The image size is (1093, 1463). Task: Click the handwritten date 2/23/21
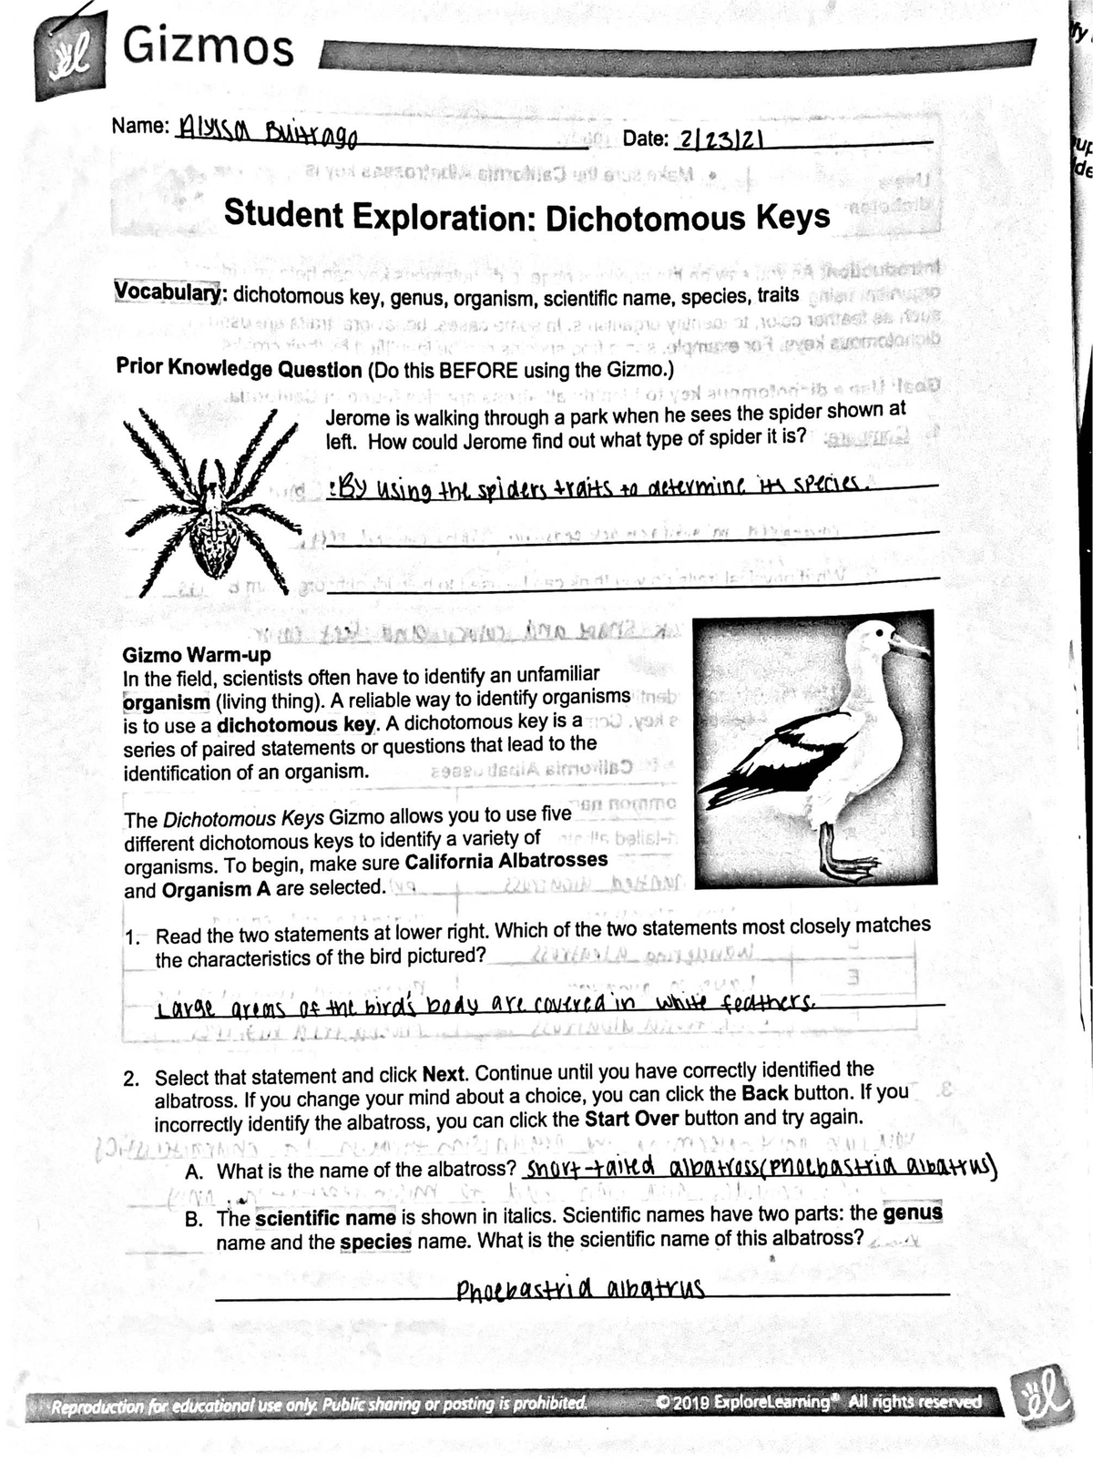tap(721, 139)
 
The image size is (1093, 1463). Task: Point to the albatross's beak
tap(908, 646)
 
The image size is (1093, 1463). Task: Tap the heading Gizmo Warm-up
tap(197, 654)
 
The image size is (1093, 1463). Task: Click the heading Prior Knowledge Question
tap(240, 369)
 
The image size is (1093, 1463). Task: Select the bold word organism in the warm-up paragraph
tap(166, 702)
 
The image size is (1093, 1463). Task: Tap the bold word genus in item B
tap(913, 1213)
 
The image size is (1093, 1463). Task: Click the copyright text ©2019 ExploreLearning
tap(750, 1401)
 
